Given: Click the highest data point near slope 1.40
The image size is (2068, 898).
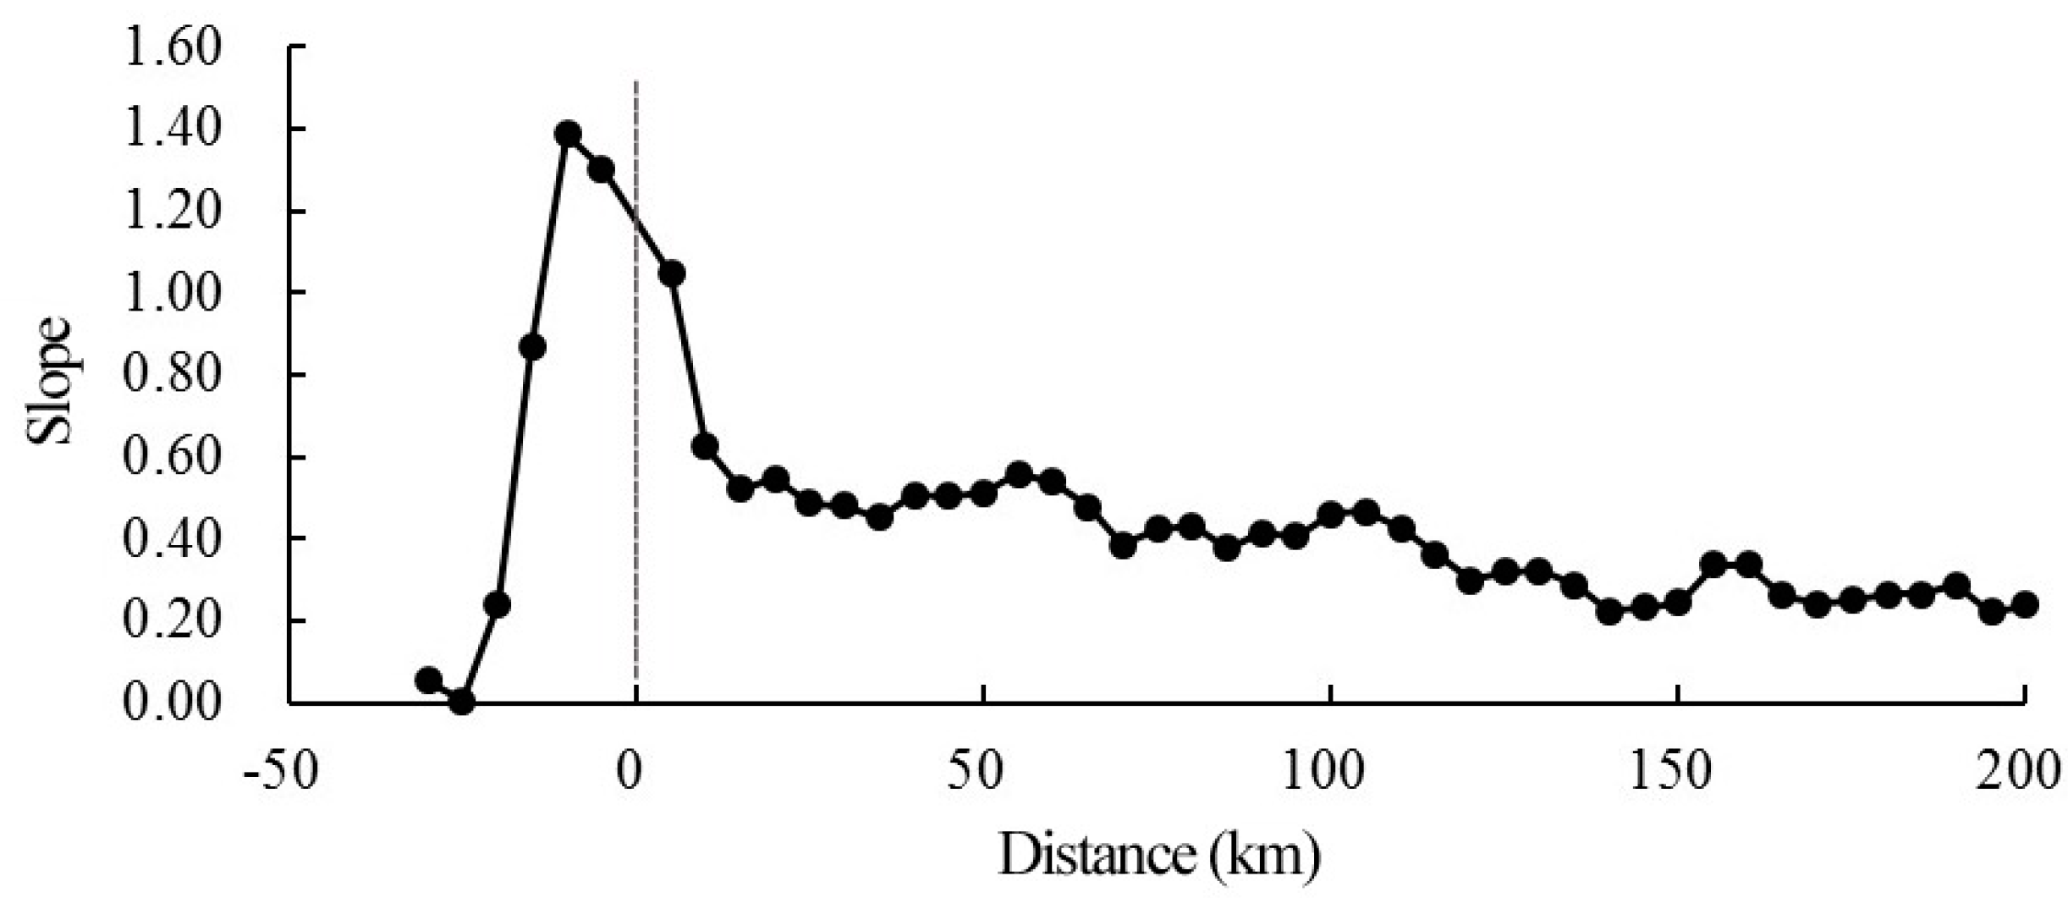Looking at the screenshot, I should (x=568, y=135).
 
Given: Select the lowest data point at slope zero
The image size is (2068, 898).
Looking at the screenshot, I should (x=461, y=701).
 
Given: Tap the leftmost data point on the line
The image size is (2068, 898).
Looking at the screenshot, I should (x=429, y=680).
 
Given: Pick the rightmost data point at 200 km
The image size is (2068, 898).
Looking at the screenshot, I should (x=2025, y=605).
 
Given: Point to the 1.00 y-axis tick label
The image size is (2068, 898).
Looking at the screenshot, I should (x=172, y=293).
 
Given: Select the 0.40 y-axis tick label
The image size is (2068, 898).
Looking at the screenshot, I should (x=172, y=539).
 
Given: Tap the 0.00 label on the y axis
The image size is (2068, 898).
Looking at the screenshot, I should (x=172, y=703).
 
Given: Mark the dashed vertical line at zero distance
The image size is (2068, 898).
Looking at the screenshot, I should (x=635, y=423).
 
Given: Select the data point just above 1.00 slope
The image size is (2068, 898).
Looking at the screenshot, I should (x=672, y=274).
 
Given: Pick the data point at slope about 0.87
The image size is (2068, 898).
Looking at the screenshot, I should (x=531, y=347).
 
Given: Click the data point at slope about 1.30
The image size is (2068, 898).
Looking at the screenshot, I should (x=601, y=170).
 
